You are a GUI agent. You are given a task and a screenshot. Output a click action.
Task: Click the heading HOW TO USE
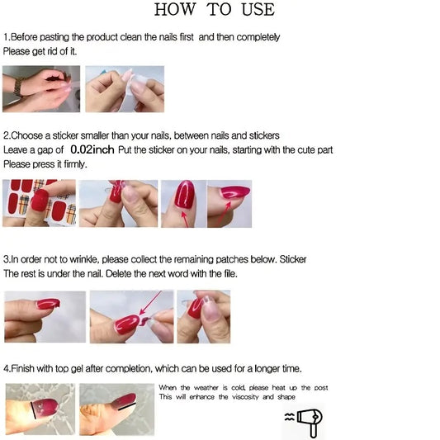215,10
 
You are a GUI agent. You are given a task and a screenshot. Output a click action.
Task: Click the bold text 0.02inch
92,149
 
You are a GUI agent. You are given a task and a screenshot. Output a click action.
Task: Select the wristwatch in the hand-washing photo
18,87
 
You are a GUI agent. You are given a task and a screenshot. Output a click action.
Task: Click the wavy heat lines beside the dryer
290,417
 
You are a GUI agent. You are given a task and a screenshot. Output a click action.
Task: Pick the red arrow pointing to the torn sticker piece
150,303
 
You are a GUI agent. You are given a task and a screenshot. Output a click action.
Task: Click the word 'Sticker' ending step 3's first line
293,259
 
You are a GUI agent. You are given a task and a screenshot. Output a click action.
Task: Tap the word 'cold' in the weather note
239,388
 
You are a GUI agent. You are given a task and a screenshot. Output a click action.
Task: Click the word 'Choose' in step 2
27,135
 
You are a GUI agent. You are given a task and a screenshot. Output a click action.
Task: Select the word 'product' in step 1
102,37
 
